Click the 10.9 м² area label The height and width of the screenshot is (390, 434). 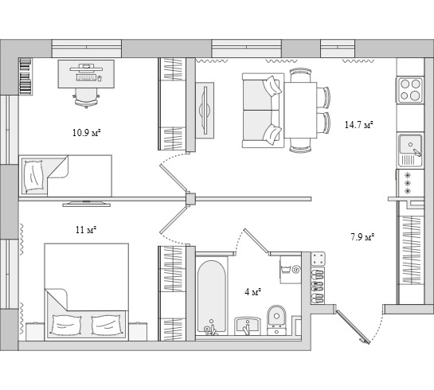[x=86, y=133]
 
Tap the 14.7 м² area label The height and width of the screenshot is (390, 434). [x=358, y=125]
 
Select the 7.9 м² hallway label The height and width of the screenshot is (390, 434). [x=362, y=237]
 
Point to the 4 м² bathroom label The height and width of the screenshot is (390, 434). [x=253, y=292]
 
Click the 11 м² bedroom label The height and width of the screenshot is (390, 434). [x=86, y=230]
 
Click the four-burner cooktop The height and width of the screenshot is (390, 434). [x=410, y=90]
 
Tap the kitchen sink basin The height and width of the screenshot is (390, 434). [x=410, y=145]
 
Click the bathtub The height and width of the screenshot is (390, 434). [x=211, y=296]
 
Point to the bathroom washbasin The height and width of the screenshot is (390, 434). [x=248, y=326]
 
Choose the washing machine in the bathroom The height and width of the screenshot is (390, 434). [x=291, y=269]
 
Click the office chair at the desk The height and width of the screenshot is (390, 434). [x=87, y=98]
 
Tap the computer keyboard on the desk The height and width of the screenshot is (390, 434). [x=86, y=78]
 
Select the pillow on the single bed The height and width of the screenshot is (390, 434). [x=33, y=176]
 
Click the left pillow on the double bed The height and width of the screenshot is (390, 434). [x=65, y=326]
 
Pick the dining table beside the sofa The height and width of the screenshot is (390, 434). [x=300, y=110]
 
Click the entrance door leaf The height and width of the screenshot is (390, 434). [x=353, y=327]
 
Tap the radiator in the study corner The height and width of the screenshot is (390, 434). [x=25, y=76]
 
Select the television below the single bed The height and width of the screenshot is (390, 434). [x=87, y=204]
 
